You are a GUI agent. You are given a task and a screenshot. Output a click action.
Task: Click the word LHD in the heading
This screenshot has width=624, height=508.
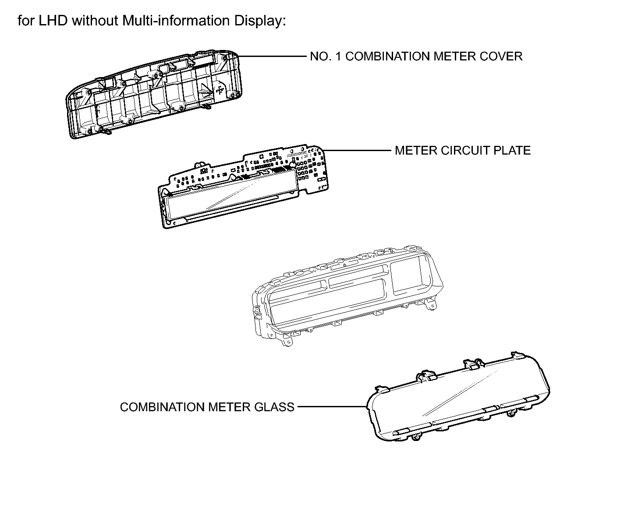(x=53, y=21)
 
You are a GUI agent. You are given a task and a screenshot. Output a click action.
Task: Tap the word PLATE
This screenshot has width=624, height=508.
(x=512, y=151)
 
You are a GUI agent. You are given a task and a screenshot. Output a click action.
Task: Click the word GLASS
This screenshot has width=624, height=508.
(x=274, y=407)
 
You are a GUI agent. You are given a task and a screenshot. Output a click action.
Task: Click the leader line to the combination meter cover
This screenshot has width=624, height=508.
(x=272, y=56)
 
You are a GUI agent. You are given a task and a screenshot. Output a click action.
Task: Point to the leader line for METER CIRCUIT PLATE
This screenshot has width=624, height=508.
(x=357, y=151)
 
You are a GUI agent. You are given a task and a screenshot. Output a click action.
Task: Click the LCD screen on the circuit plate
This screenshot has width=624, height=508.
(x=232, y=194)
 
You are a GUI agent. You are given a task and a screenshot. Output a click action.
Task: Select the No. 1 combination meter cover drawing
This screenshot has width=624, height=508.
(x=154, y=94)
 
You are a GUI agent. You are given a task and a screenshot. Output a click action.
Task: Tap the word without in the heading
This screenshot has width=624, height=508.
(x=95, y=21)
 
